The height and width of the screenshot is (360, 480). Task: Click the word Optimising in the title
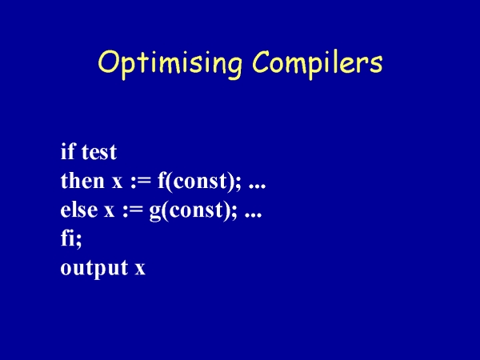click(170, 64)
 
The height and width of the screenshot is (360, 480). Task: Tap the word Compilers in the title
click(318, 63)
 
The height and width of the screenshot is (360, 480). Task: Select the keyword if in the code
click(68, 151)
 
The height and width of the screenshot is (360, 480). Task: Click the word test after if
click(99, 153)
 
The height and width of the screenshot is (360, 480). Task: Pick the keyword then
click(82, 180)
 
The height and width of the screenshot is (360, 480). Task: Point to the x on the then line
click(117, 182)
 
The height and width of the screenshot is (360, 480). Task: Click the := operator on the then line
click(141, 182)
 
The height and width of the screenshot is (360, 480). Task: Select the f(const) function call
click(196, 182)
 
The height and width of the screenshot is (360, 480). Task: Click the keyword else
click(79, 210)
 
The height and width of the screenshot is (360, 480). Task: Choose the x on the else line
click(110, 211)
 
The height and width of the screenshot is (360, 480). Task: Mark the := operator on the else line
click(133, 211)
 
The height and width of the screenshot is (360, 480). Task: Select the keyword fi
click(68, 238)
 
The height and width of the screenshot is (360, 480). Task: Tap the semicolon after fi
click(78, 242)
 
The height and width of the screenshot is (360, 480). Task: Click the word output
click(94, 269)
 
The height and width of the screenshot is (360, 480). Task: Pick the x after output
click(140, 270)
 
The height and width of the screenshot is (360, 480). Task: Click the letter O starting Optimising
click(108, 62)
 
